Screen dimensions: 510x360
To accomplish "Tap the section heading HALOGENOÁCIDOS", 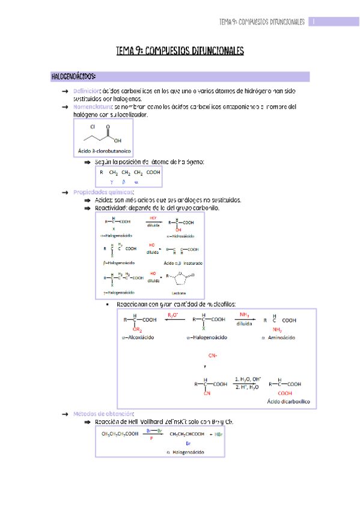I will click(74, 77).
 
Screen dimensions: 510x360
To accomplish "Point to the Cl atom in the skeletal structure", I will click(93, 127).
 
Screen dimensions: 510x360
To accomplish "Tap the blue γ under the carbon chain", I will click(111, 181).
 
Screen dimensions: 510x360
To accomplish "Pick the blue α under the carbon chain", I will click(136, 181).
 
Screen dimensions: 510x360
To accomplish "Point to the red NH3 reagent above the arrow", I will click(245, 315).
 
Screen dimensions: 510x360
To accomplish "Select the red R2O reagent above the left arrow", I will click(172, 315).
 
